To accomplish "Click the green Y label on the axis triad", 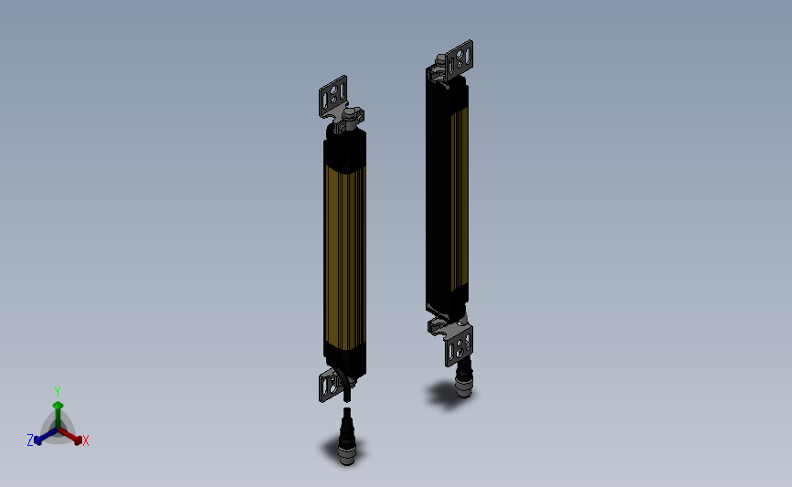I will click(x=57, y=392).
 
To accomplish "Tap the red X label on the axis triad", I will click(x=86, y=440).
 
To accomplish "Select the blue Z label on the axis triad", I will click(x=29, y=440).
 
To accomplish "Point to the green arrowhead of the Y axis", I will click(x=58, y=405).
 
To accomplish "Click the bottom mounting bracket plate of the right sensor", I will click(x=459, y=346).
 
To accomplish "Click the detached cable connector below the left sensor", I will click(x=347, y=439).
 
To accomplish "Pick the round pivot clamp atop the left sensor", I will click(x=351, y=117).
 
